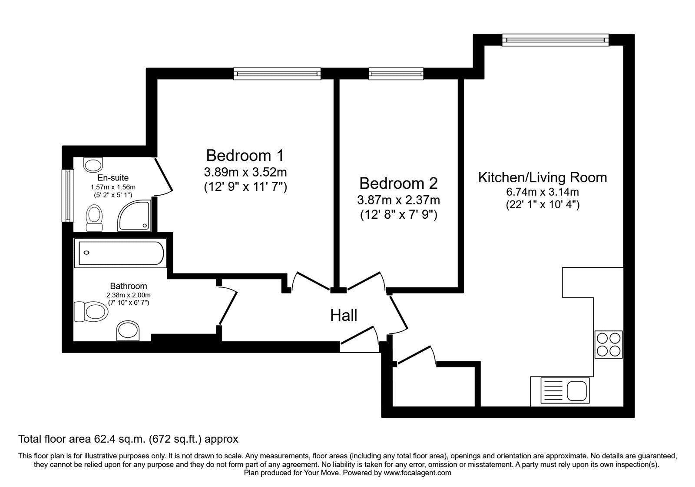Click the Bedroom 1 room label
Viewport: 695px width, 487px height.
click(245, 155)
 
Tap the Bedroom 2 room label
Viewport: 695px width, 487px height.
click(398, 183)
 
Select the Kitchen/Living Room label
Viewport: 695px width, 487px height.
click(543, 177)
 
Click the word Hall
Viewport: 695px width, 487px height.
click(344, 315)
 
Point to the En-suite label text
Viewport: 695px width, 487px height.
click(113, 178)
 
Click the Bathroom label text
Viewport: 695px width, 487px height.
click(128, 286)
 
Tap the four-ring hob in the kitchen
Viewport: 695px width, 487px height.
click(609, 344)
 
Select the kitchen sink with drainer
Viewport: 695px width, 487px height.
click(564, 390)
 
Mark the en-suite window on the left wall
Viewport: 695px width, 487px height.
click(67, 195)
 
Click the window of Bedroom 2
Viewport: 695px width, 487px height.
click(396, 74)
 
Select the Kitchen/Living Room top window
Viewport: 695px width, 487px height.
click(555, 40)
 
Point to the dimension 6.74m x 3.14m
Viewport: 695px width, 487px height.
click(543, 192)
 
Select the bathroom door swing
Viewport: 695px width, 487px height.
click(228, 307)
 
